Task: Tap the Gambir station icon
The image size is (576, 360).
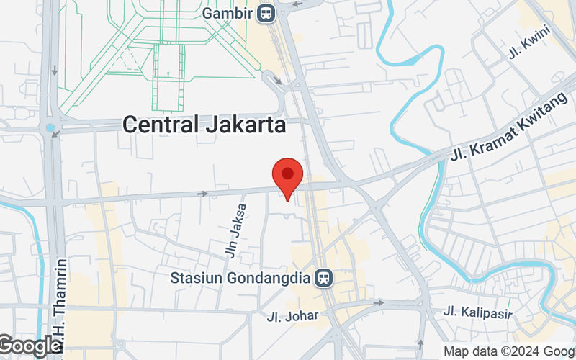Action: (267, 13)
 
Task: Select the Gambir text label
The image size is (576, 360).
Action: (228, 13)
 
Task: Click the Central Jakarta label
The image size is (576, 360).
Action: (204, 125)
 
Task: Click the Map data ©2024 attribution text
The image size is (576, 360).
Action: (508, 351)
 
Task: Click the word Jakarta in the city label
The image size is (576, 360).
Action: (245, 125)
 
